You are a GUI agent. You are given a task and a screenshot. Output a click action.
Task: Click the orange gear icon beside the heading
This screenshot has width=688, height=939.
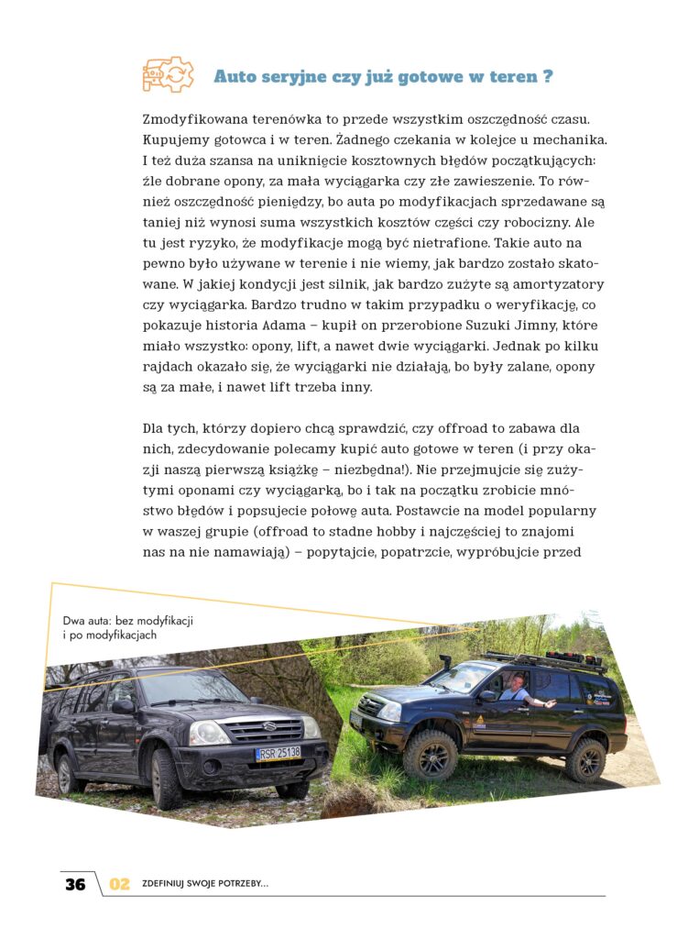168,74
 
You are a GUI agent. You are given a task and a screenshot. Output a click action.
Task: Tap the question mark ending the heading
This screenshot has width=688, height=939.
547,76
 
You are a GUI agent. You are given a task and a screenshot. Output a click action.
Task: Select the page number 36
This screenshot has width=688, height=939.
75,884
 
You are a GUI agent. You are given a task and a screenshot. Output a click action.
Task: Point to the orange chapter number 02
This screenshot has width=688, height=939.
120,884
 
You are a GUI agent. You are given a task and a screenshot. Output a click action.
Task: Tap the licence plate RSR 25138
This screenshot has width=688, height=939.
278,753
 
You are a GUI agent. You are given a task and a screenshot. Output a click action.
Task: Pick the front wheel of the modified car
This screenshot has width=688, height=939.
430,753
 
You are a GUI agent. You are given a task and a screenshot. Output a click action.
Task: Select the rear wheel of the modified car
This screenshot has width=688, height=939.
585,758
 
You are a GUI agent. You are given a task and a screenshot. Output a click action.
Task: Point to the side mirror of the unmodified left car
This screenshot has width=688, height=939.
122,707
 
